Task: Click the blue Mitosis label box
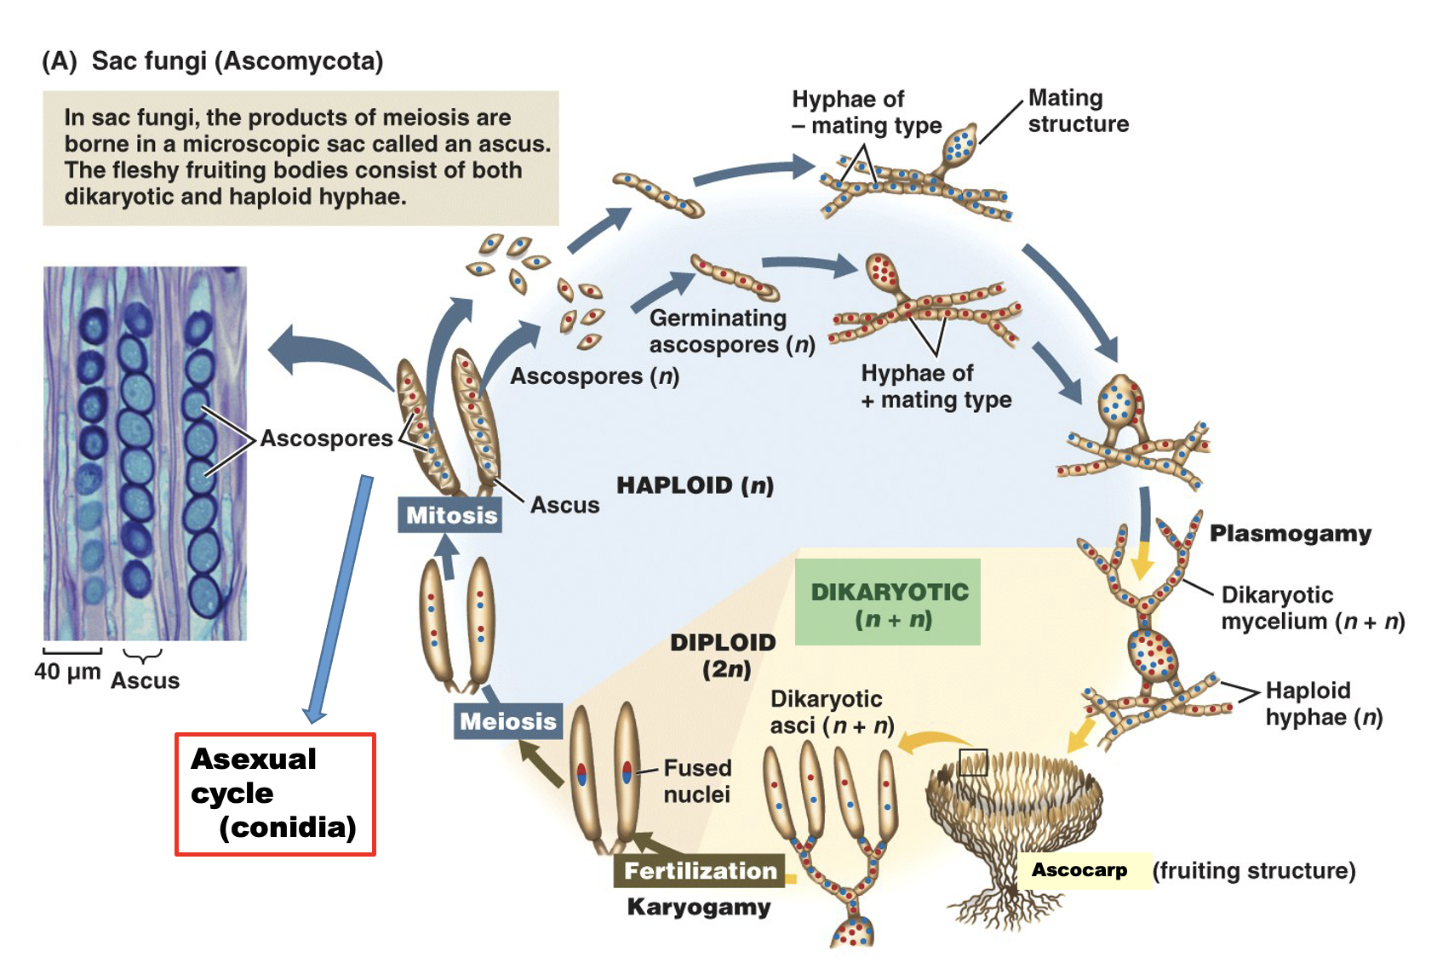[450, 515]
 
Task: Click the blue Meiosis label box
[507, 721]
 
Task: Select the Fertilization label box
[700, 870]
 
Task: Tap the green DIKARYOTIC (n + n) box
[888, 603]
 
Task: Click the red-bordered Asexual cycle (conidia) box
[275, 794]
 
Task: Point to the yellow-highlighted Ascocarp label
[1079, 870]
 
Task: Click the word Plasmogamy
[1290, 534]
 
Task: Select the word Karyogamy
[698, 907]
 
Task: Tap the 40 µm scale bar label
[67, 672]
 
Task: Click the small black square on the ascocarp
[973, 762]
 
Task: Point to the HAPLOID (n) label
[695, 485]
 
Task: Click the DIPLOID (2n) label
[723, 655]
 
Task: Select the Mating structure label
[1077, 111]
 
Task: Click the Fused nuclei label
[696, 781]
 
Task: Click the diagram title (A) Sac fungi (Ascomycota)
[213, 61]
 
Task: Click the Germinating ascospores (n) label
[731, 331]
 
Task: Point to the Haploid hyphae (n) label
[1323, 703]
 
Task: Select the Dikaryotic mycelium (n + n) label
[1312, 608]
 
